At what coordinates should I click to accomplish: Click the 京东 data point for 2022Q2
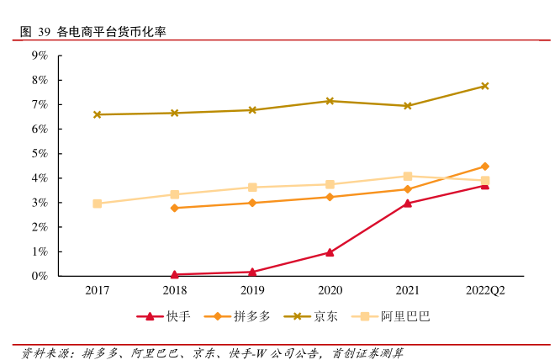click(x=485, y=86)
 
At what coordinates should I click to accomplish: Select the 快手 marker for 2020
click(x=330, y=252)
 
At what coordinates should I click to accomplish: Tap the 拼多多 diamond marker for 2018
click(x=175, y=208)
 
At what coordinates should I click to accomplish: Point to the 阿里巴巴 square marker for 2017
click(x=98, y=204)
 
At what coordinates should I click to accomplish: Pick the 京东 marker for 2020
click(x=330, y=101)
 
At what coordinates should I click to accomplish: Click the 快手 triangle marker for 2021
click(x=408, y=203)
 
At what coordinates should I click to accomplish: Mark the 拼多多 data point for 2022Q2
click(x=485, y=167)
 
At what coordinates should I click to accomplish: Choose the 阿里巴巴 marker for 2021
click(x=408, y=177)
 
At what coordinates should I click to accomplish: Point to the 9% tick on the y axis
click(x=40, y=56)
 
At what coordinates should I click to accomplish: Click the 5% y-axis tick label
click(x=40, y=154)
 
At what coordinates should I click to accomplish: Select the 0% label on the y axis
click(x=40, y=276)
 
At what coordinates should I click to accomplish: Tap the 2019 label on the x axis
click(x=252, y=290)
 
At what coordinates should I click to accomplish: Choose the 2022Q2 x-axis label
click(x=485, y=290)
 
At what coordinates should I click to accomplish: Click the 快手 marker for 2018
click(x=175, y=274)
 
